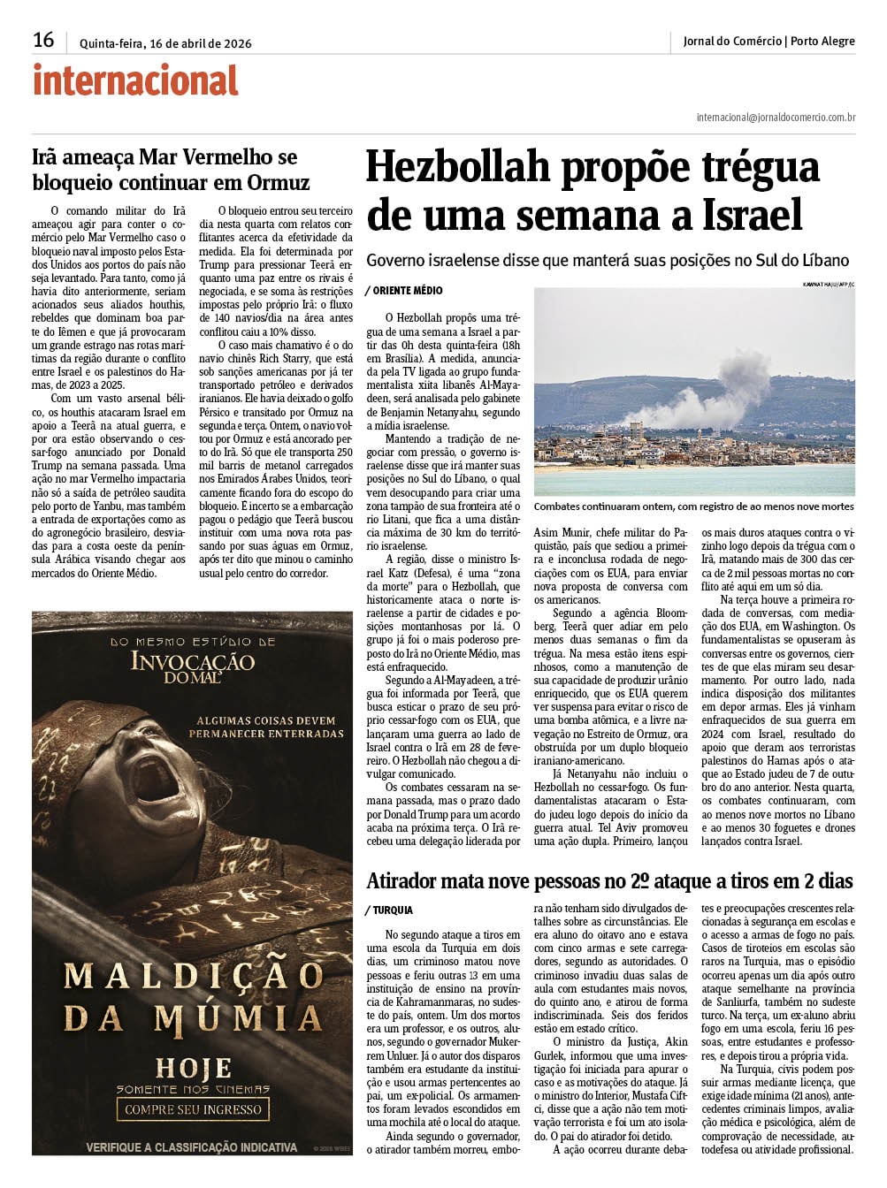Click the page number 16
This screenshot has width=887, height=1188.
[43, 40]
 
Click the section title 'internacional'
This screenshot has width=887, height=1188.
[135, 81]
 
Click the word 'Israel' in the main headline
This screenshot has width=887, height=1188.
[753, 216]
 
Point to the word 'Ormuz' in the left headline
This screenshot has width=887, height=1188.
[280, 183]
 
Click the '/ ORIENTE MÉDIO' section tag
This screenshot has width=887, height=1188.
[403, 291]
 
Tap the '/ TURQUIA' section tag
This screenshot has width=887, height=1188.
[389, 910]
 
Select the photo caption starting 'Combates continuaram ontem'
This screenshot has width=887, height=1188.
[694, 506]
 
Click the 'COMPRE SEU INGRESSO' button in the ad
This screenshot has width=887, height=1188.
[193, 1109]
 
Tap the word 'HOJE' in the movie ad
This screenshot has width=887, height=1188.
[194, 1068]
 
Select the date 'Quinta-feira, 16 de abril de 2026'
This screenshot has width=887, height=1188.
[165, 43]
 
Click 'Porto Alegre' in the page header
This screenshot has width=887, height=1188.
[822, 41]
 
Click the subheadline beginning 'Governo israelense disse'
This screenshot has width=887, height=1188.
[608, 261]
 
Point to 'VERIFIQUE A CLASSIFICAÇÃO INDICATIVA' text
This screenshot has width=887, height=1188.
[191, 1147]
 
